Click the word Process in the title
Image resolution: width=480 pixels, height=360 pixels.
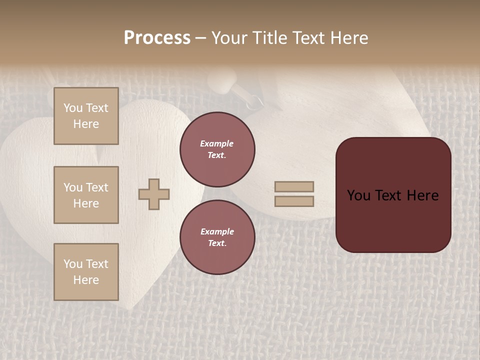pyautogui.click(x=157, y=38)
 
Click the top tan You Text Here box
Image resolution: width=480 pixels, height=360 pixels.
pyautogui.click(x=86, y=116)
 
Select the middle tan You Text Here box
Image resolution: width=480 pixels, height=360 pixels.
pyautogui.click(x=86, y=195)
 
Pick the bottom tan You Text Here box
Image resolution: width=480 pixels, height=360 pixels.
pyautogui.click(x=86, y=271)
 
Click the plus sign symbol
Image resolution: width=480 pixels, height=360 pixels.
pyautogui.click(x=154, y=194)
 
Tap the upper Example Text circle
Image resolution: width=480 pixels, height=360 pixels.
pyautogui.click(x=217, y=149)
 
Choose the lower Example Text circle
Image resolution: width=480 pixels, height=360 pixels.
pyautogui.click(x=217, y=237)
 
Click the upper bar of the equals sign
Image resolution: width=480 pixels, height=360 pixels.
pyautogui.click(x=294, y=186)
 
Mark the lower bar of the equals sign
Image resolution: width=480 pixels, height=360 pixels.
pyautogui.click(x=294, y=201)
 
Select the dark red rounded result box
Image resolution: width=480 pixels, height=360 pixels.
pyautogui.click(x=393, y=194)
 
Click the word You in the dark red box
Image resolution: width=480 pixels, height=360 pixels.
pyautogui.click(x=358, y=195)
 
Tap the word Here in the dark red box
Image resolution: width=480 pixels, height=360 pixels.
pyautogui.click(x=422, y=195)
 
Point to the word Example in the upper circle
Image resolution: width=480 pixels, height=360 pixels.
pyautogui.click(x=217, y=143)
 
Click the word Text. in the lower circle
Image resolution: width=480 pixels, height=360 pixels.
pyautogui.click(x=217, y=243)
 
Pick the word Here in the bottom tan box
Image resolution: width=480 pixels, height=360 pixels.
pyautogui.click(x=86, y=280)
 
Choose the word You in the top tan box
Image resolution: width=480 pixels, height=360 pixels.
pyautogui.click(x=73, y=108)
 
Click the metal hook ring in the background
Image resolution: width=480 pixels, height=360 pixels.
pyautogui.click(x=255, y=101)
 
